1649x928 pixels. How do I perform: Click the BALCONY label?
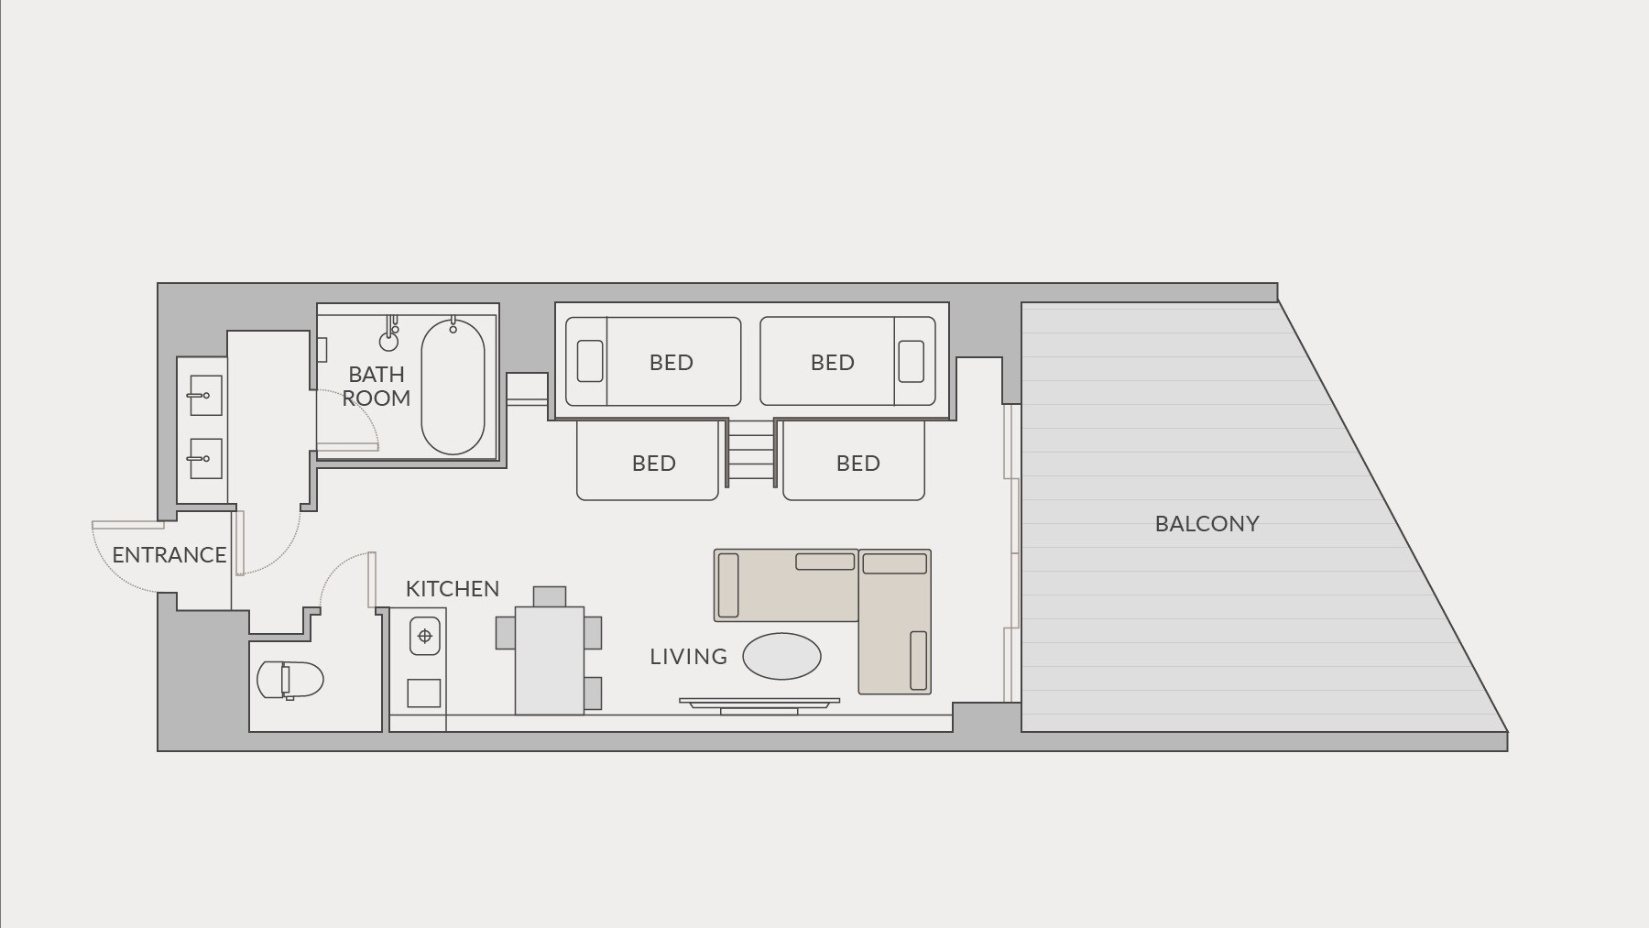pyautogui.click(x=1207, y=524)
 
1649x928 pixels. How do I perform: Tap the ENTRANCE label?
pyautogui.click(x=169, y=555)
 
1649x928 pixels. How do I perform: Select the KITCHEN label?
pyautogui.click(x=453, y=589)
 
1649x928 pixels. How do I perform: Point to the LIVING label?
pyautogui.click(x=688, y=657)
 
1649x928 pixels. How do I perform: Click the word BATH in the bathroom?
pyautogui.click(x=377, y=375)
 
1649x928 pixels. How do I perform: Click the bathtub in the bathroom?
pyautogui.click(x=453, y=387)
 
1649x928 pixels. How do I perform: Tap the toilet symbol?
pyautogui.click(x=289, y=680)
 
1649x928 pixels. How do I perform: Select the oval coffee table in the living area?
pyautogui.click(x=781, y=656)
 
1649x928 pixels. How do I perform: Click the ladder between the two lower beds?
pyautogui.click(x=751, y=453)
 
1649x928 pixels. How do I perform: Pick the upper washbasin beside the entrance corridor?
pyautogui.click(x=205, y=396)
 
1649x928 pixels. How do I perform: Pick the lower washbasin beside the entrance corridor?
pyautogui.click(x=205, y=458)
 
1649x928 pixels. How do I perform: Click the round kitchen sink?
pyautogui.click(x=424, y=636)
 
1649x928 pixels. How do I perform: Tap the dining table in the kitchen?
pyautogui.click(x=550, y=661)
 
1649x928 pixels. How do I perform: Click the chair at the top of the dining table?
pyautogui.click(x=550, y=596)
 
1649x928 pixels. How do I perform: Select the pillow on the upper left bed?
pyautogui.click(x=590, y=361)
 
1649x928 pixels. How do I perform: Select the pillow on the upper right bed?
pyautogui.click(x=911, y=361)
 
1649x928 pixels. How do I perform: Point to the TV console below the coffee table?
pyautogui.click(x=759, y=705)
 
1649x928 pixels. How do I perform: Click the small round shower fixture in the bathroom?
pyautogui.click(x=388, y=342)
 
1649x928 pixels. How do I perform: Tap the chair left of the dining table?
pyautogui.click(x=506, y=632)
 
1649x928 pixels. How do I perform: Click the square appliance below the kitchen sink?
pyautogui.click(x=423, y=693)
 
